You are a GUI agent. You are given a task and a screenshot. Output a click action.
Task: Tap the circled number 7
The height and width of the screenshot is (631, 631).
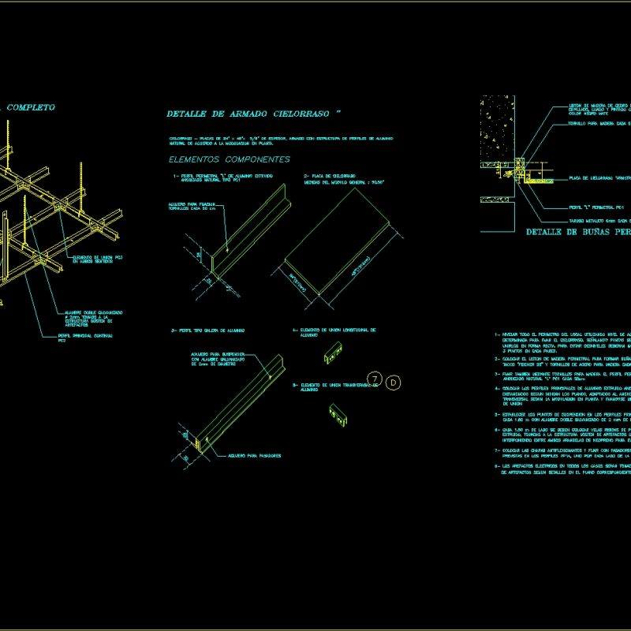(375, 381)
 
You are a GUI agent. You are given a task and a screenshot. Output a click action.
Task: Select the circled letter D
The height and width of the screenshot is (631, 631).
(394, 382)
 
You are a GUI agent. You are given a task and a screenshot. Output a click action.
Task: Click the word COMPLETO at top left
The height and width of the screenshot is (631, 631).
(31, 106)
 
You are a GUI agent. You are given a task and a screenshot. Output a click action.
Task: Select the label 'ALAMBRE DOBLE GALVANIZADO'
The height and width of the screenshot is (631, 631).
(93, 312)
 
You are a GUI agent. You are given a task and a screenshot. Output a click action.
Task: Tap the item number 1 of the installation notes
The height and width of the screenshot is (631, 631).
(497, 334)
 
